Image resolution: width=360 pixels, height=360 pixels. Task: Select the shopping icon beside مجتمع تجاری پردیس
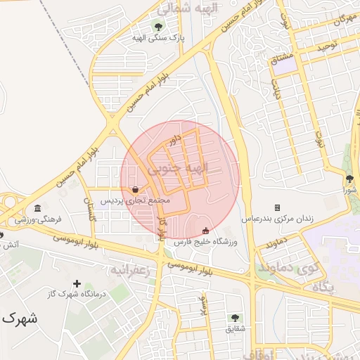coord(135,188)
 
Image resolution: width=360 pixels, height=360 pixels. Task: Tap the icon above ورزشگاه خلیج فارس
coord(205,231)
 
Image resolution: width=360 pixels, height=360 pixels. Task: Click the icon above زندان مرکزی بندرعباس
coord(277,207)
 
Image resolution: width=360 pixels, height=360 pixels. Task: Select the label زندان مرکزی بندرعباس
coord(278,219)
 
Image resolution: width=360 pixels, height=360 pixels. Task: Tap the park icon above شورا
coord(349,179)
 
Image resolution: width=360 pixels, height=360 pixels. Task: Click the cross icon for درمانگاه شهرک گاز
coord(76,283)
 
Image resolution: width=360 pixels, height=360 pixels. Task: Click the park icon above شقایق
coord(234,318)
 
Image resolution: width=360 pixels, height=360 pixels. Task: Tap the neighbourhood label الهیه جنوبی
coord(179,169)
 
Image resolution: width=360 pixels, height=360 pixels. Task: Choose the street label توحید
coord(329,46)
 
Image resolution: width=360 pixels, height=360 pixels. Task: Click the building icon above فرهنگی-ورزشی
coord(37,208)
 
